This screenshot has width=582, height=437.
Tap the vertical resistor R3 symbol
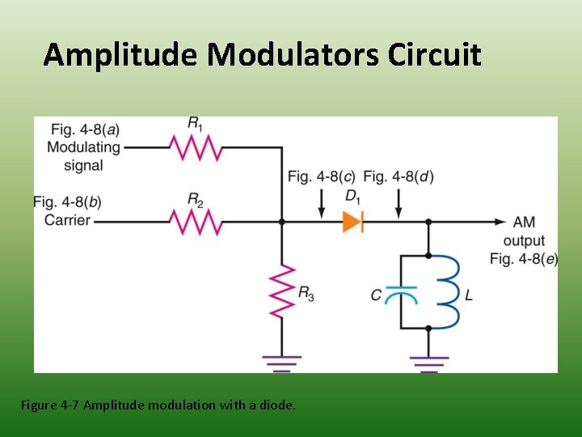(281, 292)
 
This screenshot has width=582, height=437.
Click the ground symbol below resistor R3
(281, 362)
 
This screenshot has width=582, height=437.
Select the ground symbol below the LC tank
(428, 362)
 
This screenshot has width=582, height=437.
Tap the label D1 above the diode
(352, 197)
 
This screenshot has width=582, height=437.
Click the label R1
(196, 124)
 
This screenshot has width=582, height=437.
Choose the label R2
(196, 199)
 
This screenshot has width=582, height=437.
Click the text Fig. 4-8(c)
(321, 176)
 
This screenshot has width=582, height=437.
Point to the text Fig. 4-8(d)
(399, 176)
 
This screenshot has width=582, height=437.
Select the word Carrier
(67, 220)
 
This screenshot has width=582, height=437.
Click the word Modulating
(83, 147)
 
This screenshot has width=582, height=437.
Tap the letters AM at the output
(523, 222)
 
